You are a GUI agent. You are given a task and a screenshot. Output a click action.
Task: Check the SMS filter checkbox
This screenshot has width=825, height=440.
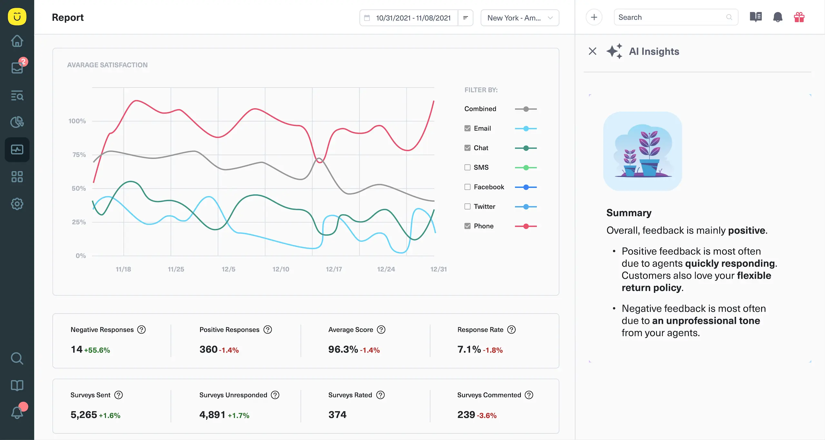(x=467, y=167)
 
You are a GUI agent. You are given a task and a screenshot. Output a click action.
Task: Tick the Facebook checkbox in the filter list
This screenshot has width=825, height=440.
(x=467, y=187)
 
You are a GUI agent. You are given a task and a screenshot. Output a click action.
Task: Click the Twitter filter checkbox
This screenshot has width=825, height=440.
(x=467, y=206)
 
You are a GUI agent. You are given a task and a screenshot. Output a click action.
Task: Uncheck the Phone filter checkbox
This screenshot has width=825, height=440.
(x=467, y=226)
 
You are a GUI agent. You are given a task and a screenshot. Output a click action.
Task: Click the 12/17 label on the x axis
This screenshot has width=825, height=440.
(x=334, y=269)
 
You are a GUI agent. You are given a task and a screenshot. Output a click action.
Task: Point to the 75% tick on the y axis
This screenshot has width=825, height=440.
(x=79, y=155)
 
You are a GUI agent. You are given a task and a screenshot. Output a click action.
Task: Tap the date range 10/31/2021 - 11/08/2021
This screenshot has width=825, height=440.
(x=413, y=18)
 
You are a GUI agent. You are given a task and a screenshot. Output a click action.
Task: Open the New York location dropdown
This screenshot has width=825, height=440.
(x=519, y=18)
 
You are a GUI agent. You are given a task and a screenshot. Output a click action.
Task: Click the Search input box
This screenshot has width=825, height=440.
(x=672, y=17)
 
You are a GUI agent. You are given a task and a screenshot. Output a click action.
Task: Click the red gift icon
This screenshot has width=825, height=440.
(x=799, y=17)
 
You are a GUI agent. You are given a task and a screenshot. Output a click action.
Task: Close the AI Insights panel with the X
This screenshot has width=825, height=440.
(x=592, y=51)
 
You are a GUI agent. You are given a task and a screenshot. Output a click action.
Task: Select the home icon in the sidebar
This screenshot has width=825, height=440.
(x=17, y=41)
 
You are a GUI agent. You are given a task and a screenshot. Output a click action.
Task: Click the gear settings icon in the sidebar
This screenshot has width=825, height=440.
(x=17, y=204)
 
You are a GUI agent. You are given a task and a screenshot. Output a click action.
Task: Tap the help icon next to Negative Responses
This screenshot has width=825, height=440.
(x=141, y=330)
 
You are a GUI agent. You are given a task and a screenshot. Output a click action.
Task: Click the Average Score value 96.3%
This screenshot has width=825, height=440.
(x=343, y=349)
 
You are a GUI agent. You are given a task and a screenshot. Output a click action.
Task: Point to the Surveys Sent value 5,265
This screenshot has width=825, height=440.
(x=84, y=415)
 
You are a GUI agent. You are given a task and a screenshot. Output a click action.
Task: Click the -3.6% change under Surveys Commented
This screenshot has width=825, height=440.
(x=487, y=415)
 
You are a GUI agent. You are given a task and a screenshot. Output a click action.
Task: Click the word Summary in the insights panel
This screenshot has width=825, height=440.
(x=629, y=213)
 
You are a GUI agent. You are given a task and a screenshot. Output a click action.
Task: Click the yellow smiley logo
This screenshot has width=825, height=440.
(x=17, y=17)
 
